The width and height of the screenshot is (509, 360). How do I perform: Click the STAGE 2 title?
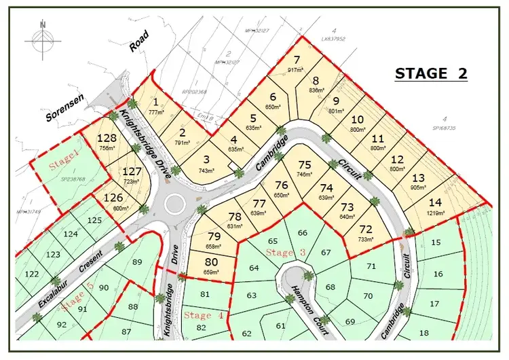click(430, 74)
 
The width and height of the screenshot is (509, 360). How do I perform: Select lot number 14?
click(435, 202)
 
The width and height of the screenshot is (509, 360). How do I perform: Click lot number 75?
click(304, 164)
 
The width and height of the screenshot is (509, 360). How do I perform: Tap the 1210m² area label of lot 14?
click(435, 213)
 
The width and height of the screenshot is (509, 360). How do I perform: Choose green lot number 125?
click(94, 220)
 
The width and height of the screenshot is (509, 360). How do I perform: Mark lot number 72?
click(366, 229)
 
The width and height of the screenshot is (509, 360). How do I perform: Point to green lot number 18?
click(424, 332)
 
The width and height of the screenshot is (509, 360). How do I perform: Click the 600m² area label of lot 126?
click(113, 208)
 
